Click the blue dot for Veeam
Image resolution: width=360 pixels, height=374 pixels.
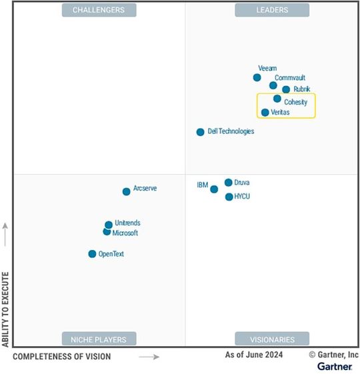point(257,77)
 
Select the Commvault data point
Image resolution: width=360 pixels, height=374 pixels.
point(273,85)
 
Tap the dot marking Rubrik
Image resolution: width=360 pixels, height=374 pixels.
point(286,89)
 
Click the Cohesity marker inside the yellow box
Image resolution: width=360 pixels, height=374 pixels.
point(277,99)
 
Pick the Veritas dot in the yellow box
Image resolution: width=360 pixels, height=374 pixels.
point(265,113)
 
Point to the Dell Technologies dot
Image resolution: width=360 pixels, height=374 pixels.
point(200,132)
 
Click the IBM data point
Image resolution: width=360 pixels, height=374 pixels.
point(214,189)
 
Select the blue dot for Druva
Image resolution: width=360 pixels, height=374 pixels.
point(228,183)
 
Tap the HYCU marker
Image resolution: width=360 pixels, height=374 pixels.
point(229,197)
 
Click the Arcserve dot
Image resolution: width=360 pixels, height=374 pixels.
point(126,191)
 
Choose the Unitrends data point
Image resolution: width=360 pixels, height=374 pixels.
point(109,225)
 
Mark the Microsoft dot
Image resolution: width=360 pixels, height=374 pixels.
point(107,232)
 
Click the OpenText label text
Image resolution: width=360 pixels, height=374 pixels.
point(111,254)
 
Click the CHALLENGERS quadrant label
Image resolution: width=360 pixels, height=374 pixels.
point(99,10)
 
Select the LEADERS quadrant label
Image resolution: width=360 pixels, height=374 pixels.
point(272,10)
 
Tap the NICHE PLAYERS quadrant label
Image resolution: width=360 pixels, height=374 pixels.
point(99,339)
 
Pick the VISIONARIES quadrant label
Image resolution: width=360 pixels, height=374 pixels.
point(272,339)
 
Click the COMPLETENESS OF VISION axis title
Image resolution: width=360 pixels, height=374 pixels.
point(62,357)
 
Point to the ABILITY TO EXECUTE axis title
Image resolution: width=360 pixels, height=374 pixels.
point(5,309)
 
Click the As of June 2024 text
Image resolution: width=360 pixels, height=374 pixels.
point(253,355)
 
